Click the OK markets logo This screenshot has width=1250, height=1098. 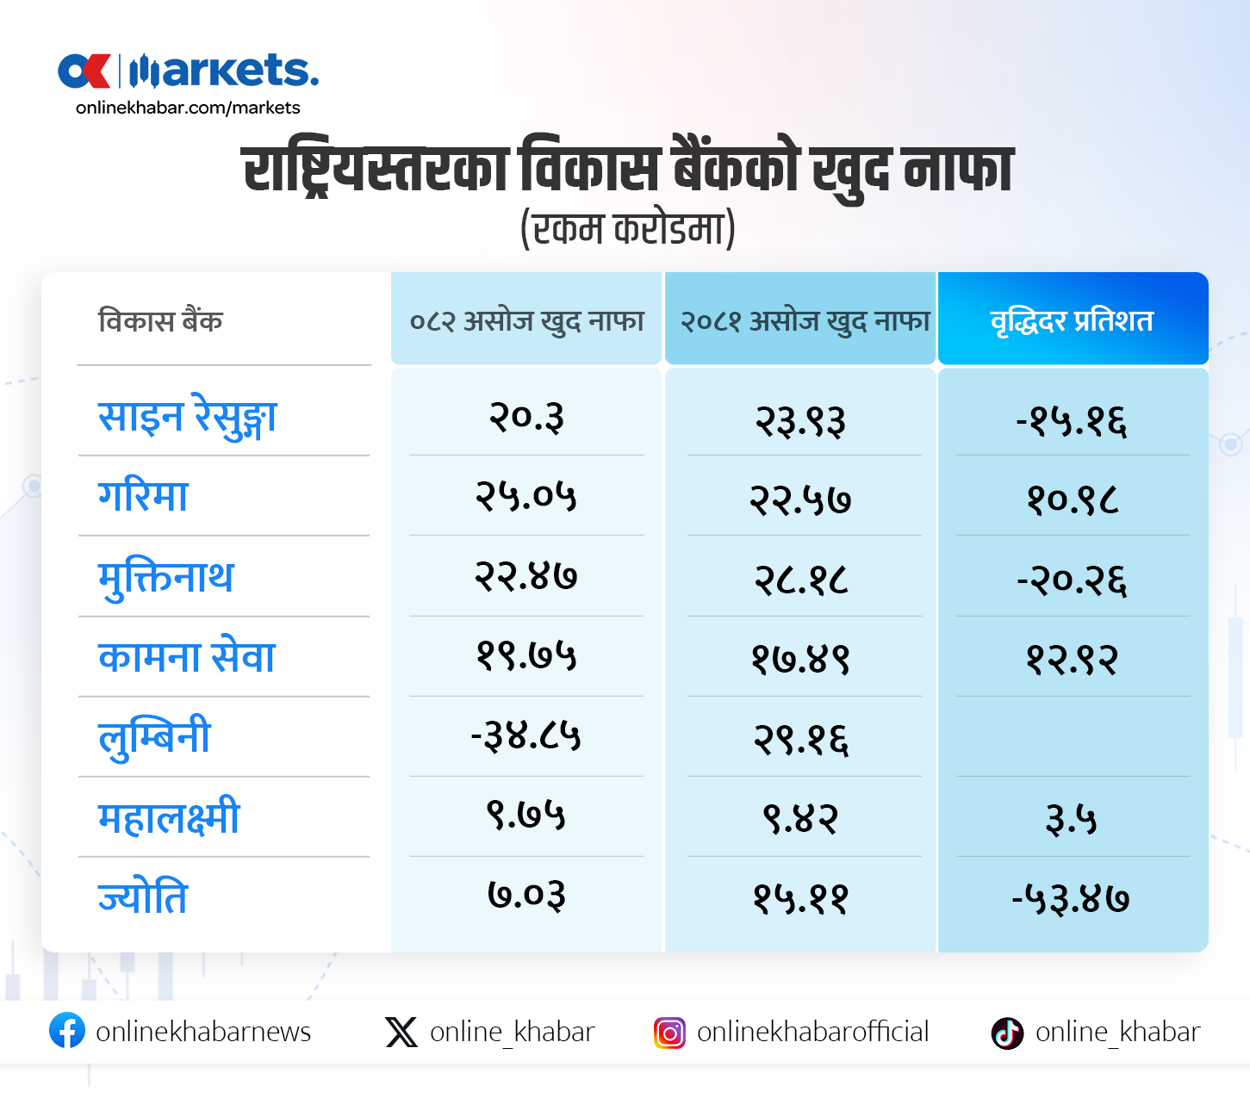coord(188,71)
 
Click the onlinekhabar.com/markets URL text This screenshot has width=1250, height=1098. coord(188,108)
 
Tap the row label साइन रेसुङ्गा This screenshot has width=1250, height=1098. coord(187,418)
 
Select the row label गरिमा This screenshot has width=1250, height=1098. coord(143,497)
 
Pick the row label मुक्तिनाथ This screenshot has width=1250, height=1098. coord(165,577)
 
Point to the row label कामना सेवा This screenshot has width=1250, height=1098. coord(186,657)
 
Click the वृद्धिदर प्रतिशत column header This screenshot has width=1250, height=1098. coord(1072,320)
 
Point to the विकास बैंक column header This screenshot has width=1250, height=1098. coord(160,320)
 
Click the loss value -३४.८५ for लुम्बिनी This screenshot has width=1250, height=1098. coord(525,736)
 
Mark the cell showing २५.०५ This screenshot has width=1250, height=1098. coord(525,496)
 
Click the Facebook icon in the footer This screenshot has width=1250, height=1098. coord(67,1031)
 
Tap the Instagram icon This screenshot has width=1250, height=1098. coord(669,1032)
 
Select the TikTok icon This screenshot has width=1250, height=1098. coord(1007,1032)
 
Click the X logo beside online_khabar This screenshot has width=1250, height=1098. coord(401,1032)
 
